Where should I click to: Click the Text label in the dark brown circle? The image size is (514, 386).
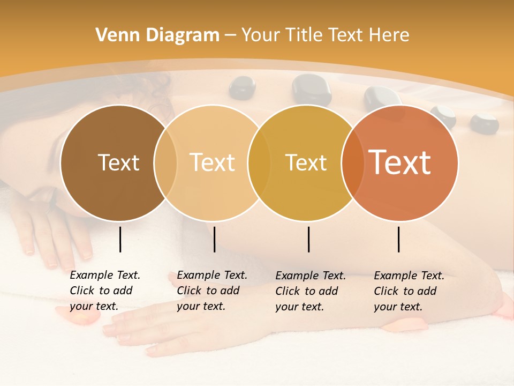coord(118,162)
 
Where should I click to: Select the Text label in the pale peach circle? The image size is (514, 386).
coord(213,162)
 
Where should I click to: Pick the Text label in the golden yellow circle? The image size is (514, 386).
coord(306,162)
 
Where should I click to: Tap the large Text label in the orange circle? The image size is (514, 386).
coord(400,162)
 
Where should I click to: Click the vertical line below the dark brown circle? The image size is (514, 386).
coord(120,239)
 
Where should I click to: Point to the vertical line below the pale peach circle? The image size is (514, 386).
coord(214,239)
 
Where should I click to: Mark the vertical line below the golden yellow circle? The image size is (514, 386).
coord(308,239)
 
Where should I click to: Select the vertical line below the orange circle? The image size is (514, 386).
coord(399,239)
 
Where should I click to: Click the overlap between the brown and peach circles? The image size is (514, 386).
coord(165,162)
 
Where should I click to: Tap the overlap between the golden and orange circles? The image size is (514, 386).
coord(352,162)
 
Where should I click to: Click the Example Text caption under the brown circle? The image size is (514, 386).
coord(104,291)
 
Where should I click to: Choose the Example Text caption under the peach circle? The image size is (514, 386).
coord(211,291)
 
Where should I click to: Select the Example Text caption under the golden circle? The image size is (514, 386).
coord(310,291)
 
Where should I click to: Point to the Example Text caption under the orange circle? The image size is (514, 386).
coord(409,291)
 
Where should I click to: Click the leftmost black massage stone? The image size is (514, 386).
coord(242,87)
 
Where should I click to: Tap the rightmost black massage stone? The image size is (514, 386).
coord(484,122)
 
